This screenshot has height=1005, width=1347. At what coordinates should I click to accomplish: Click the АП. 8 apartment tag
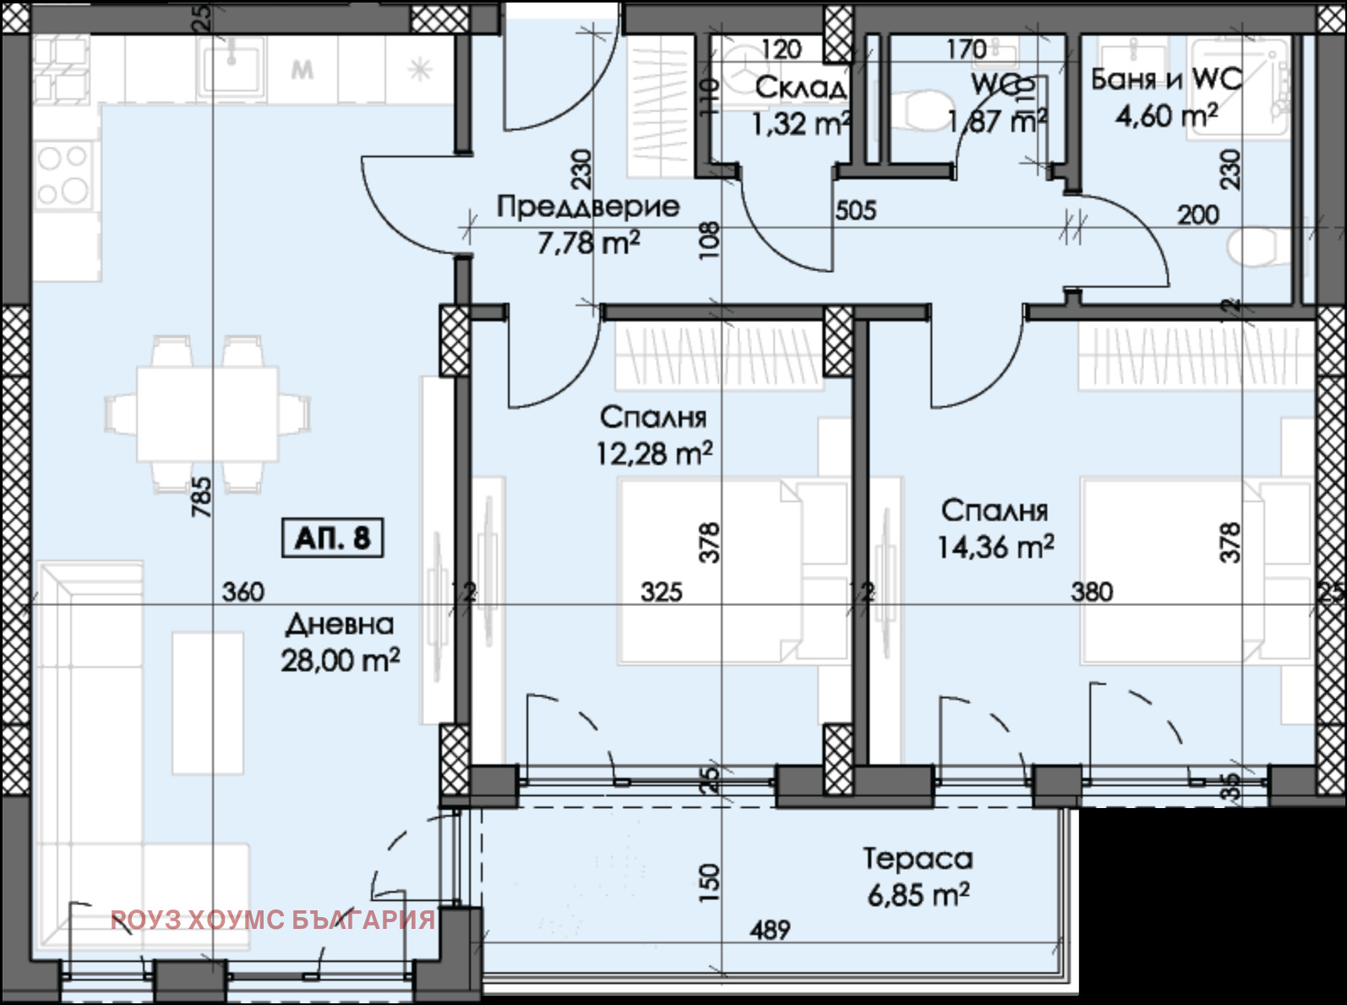[x=332, y=538]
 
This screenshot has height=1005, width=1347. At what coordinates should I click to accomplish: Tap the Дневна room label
[x=340, y=625]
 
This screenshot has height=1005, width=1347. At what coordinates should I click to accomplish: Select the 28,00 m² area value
[x=340, y=660]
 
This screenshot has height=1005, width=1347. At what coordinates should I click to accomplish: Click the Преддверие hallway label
[x=587, y=206]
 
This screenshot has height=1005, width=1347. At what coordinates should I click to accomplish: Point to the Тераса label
[x=918, y=859]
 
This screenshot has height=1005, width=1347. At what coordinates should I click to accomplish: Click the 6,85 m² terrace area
[x=918, y=894]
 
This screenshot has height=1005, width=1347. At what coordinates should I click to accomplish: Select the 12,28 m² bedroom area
[x=654, y=454]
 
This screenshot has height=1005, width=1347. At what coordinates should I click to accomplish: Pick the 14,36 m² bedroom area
[x=995, y=547]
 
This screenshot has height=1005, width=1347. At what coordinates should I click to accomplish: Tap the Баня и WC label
[x=1166, y=79]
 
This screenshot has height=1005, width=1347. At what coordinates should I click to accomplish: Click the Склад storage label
[x=800, y=87]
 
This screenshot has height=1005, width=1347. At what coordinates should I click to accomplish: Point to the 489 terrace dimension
[x=770, y=931]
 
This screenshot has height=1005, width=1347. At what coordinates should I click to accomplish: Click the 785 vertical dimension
[x=201, y=498]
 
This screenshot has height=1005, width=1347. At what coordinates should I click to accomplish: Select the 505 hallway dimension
[x=855, y=210]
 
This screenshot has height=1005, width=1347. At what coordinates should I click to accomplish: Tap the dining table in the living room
[x=207, y=413]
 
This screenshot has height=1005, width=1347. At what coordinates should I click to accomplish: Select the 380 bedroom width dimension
[x=1092, y=592]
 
